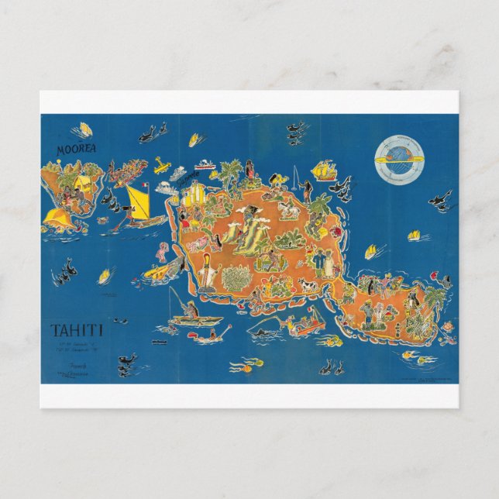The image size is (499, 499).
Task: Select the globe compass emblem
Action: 400,154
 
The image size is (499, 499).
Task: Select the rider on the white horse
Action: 292,208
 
